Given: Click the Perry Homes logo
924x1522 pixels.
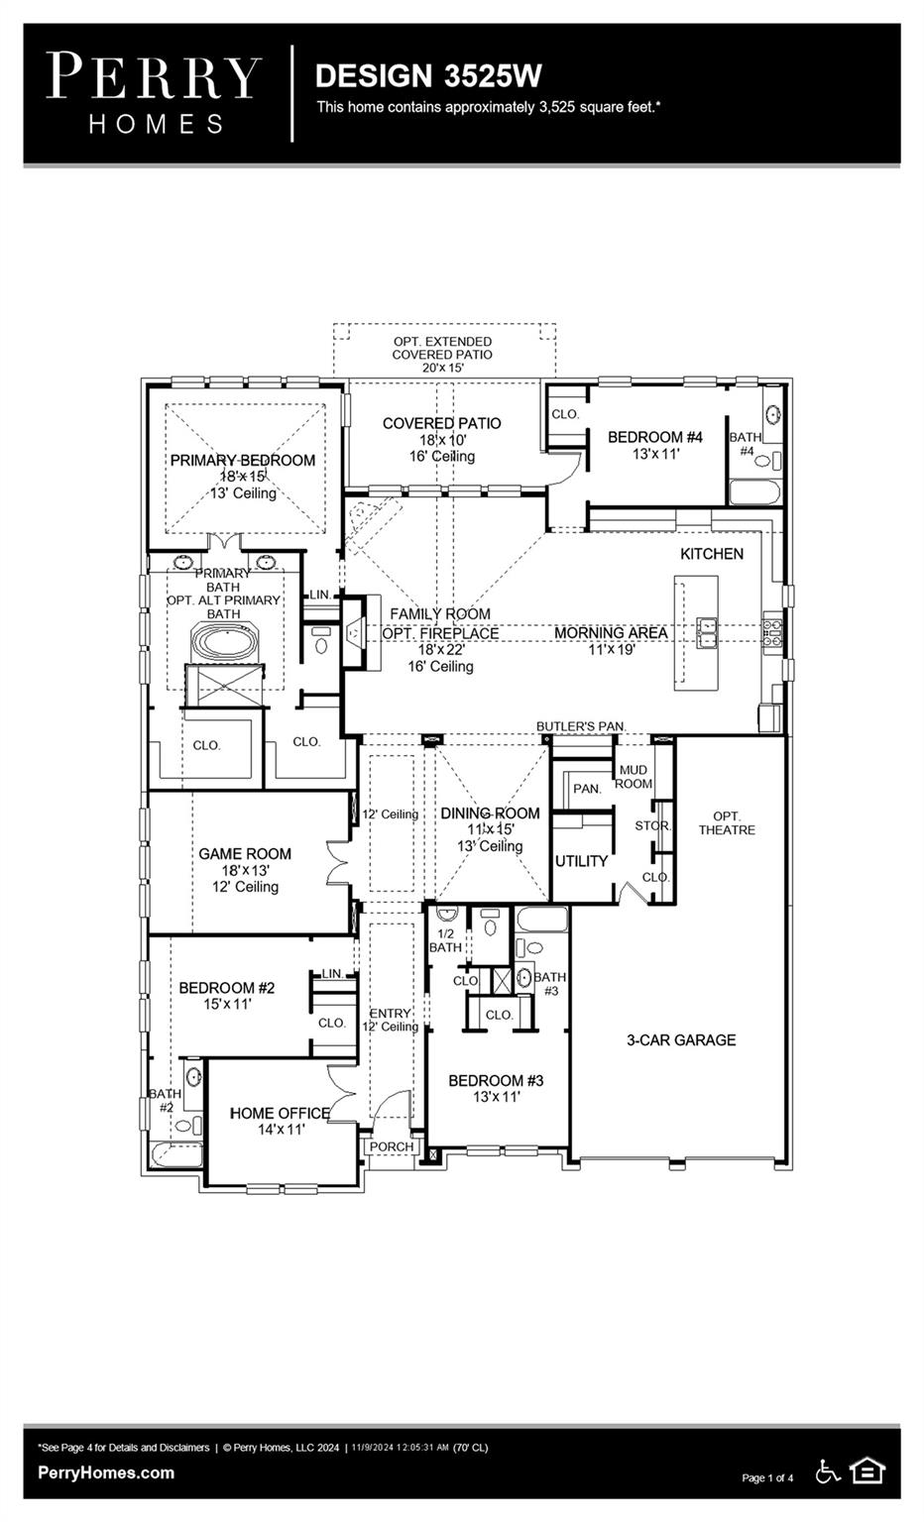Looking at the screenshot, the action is pos(154,94).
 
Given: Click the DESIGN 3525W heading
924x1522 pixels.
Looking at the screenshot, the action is pos(428,76).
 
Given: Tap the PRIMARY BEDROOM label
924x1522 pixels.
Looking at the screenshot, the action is pos(243,461).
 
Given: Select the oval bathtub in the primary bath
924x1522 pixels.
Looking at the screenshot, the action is pos(224,641).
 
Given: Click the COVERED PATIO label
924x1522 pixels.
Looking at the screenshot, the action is pos(442,423).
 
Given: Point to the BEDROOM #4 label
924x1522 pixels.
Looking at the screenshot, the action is pos(654,437).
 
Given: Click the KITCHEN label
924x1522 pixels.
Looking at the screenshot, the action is pos(712,554).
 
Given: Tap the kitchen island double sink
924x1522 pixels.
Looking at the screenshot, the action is pos(707,633).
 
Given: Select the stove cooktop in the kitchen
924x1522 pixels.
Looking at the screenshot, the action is pos(771,632).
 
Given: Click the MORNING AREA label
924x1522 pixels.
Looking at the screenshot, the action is pos(611,632).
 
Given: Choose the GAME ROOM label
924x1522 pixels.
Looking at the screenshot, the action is pos(245,854).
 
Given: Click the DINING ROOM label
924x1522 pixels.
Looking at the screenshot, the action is pos(490,814).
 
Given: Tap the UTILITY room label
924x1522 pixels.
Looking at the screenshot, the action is pos(581,861).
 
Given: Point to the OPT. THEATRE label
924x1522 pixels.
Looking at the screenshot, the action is pos(727,822).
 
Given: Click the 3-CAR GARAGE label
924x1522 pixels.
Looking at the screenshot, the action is pos(681,1039).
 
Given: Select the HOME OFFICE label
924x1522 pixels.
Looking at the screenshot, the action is pos(280,1113).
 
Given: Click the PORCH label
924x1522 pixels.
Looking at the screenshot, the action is pos(392,1146).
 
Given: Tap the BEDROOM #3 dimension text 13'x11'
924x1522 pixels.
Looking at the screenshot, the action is pos(497,1097).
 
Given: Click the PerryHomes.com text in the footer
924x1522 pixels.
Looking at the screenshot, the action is pos(106,1472).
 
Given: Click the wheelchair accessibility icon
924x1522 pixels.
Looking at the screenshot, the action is pos(828,1471).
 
